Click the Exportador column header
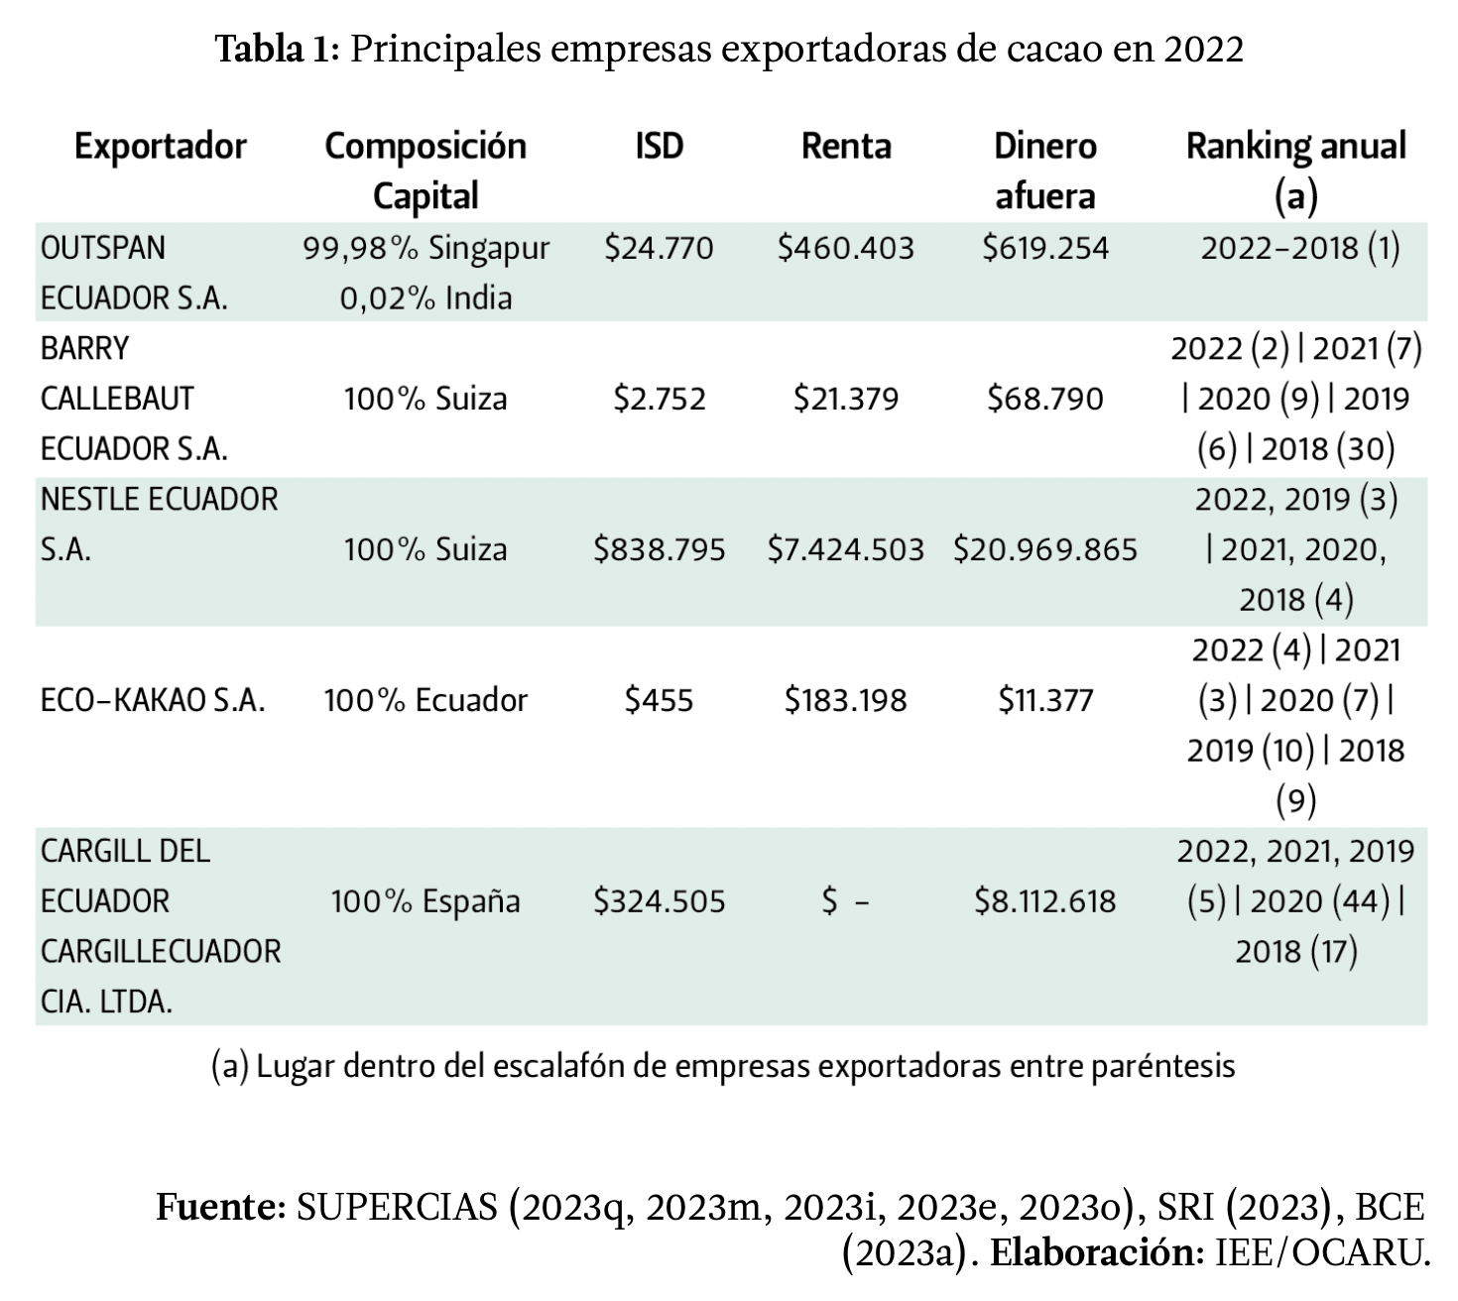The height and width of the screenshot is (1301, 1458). (x=160, y=146)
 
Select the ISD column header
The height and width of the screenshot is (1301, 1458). (x=659, y=146)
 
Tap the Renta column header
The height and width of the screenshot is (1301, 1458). (x=846, y=146)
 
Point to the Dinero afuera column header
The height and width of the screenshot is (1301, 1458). (x=1045, y=171)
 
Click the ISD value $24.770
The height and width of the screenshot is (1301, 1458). (x=659, y=247)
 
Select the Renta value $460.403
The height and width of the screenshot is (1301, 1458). (x=846, y=247)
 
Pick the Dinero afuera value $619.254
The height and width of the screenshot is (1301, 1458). (x=1045, y=247)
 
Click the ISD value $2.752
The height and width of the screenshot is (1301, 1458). (x=659, y=399)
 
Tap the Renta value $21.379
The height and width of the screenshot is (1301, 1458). (x=846, y=399)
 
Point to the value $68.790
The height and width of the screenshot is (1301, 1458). (x=1045, y=399)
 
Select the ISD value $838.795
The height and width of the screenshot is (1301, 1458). (x=659, y=549)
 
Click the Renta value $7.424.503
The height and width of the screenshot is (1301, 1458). (x=846, y=549)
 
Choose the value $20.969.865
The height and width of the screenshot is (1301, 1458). (x=1045, y=549)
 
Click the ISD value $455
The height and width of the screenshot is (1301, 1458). (x=659, y=700)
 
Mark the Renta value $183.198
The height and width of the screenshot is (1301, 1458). (x=846, y=700)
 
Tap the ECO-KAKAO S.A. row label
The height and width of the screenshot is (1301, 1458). (x=153, y=700)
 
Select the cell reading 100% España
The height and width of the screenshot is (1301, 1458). (x=425, y=901)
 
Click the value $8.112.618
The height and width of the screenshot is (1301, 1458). (x=1045, y=901)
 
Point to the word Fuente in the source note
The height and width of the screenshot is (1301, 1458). (x=220, y=1207)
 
